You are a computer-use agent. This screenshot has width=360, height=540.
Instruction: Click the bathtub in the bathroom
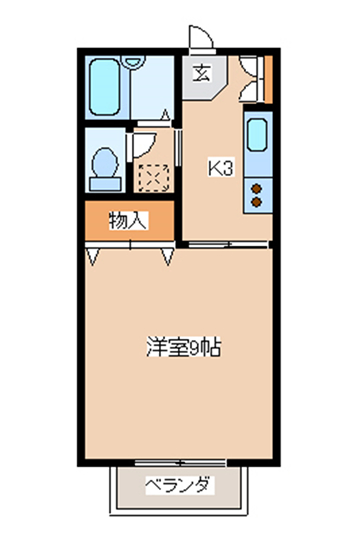coord(104,87)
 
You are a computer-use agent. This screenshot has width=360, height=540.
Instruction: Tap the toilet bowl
coord(105,163)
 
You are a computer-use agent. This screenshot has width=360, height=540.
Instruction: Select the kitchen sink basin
coord(257,135)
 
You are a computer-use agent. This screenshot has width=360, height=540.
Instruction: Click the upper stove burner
coord(257,189)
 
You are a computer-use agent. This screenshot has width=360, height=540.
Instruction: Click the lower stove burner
coord(257,202)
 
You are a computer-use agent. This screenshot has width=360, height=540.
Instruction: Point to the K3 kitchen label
coord(221,168)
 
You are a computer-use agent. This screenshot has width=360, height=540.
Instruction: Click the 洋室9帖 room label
coord(183,347)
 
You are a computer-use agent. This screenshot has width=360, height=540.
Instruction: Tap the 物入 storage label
coord(128,221)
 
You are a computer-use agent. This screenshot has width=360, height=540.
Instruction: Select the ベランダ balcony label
coord(179,485)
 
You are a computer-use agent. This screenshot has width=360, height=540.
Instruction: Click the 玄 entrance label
coord(202,73)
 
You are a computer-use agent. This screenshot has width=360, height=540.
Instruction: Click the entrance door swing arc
coord(203,32)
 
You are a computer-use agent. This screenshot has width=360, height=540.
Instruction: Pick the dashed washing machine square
coord(154,178)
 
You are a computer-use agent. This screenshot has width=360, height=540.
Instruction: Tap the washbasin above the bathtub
coord(135,61)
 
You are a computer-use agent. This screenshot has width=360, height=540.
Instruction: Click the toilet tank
coord(105,184)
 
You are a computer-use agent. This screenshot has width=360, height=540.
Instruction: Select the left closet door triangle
coord(93,257)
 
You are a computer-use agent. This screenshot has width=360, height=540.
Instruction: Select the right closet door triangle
coord(168,257)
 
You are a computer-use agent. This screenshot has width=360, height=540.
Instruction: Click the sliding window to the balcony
coord(180,463)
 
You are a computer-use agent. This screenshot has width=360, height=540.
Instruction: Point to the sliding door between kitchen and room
coord(228,245)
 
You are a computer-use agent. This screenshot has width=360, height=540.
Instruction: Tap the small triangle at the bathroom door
coord(166,115)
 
